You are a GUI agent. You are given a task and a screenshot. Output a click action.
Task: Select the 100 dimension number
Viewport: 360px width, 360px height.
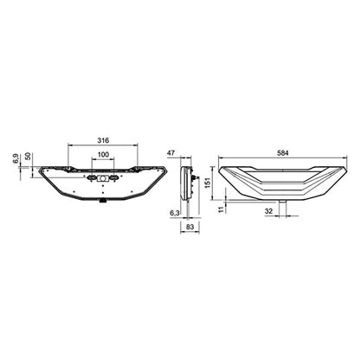[103, 155]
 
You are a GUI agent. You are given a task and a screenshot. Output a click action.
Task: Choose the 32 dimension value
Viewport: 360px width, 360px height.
[270, 211]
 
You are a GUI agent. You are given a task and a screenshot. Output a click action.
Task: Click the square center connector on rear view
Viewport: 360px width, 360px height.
[103, 177]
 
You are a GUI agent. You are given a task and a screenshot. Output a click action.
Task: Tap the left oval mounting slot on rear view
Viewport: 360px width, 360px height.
[91, 177]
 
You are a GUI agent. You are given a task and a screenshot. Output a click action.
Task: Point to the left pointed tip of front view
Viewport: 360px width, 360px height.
[222, 167]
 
